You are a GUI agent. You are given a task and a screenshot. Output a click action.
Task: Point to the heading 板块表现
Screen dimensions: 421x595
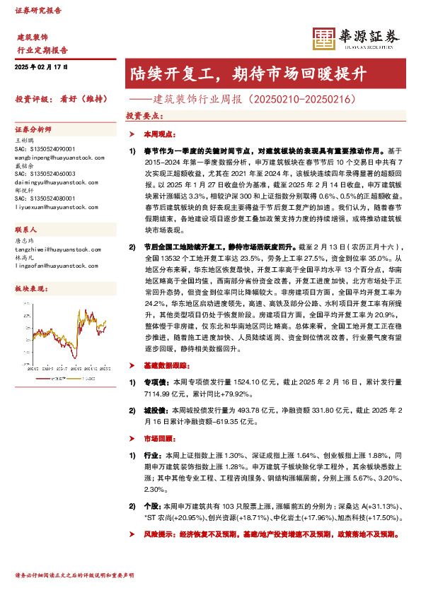(x=30, y=290)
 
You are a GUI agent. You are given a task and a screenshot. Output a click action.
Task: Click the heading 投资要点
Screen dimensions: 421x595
(x=142, y=114)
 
